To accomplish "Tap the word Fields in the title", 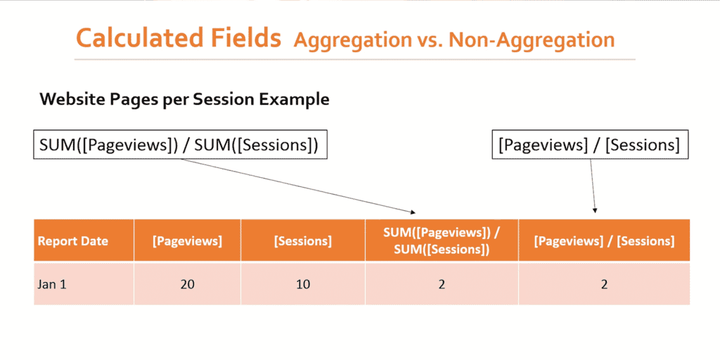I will tap(248, 38).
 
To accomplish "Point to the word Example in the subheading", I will tap(295, 99).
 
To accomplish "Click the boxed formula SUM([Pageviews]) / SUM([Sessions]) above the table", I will tap(180, 145).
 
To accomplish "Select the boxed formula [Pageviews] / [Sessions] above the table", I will tap(589, 145).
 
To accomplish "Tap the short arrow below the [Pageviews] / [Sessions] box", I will tap(593, 186).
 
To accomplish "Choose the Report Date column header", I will tap(73, 241).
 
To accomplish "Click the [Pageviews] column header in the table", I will tap(187, 241).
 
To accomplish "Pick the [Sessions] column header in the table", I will tap(302, 241).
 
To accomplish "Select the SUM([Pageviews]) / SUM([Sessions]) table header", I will tap(442, 240).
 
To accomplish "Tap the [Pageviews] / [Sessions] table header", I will tap(604, 241).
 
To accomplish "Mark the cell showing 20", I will tap(187, 284).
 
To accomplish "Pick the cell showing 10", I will tap(302, 284).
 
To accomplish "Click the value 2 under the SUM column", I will tap(442, 284).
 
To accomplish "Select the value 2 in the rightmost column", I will tap(604, 284).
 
